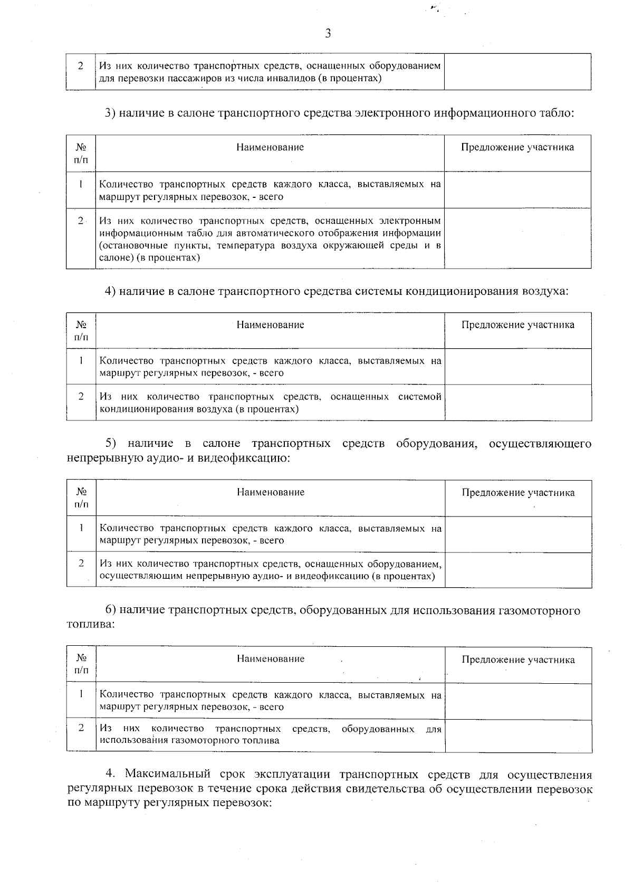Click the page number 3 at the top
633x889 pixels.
(x=328, y=34)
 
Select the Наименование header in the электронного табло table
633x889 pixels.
(x=270, y=147)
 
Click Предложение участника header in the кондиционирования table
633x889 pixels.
(x=518, y=325)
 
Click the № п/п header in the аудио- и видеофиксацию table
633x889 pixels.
(x=81, y=498)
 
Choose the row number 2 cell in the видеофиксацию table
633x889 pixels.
(x=81, y=563)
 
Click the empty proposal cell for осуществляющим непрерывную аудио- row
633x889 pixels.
(x=518, y=570)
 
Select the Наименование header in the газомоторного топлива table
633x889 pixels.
(x=270, y=659)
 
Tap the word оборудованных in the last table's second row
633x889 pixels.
(x=378, y=729)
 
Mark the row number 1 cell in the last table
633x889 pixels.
(x=81, y=694)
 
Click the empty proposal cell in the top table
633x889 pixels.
(x=517, y=72)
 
